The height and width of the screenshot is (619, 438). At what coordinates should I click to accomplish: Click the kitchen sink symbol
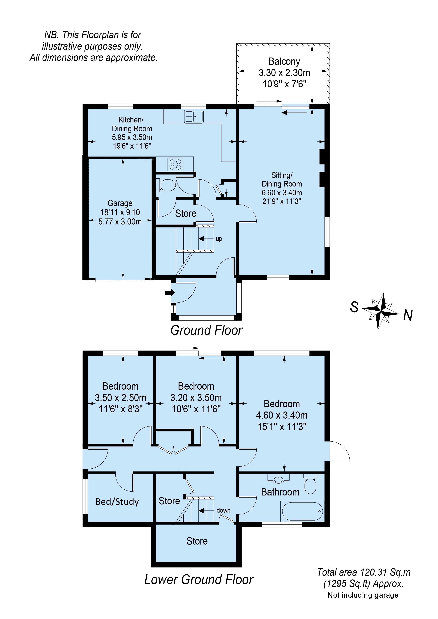point(194,116)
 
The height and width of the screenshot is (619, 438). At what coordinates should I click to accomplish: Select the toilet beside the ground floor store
point(167,185)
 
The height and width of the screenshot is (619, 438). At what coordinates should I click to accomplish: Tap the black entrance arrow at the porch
point(170,293)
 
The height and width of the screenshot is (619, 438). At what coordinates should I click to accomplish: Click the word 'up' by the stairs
point(219,239)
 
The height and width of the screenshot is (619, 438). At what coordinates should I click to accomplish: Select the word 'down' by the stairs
point(223,510)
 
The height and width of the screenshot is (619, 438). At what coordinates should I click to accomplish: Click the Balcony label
point(284,61)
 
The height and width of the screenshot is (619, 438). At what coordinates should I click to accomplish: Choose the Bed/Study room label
point(117,502)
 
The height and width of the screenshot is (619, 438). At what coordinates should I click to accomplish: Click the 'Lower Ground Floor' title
point(199,580)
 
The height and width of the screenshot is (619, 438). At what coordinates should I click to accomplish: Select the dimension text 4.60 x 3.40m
point(282,415)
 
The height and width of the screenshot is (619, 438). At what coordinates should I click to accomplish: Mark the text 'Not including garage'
point(363,595)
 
